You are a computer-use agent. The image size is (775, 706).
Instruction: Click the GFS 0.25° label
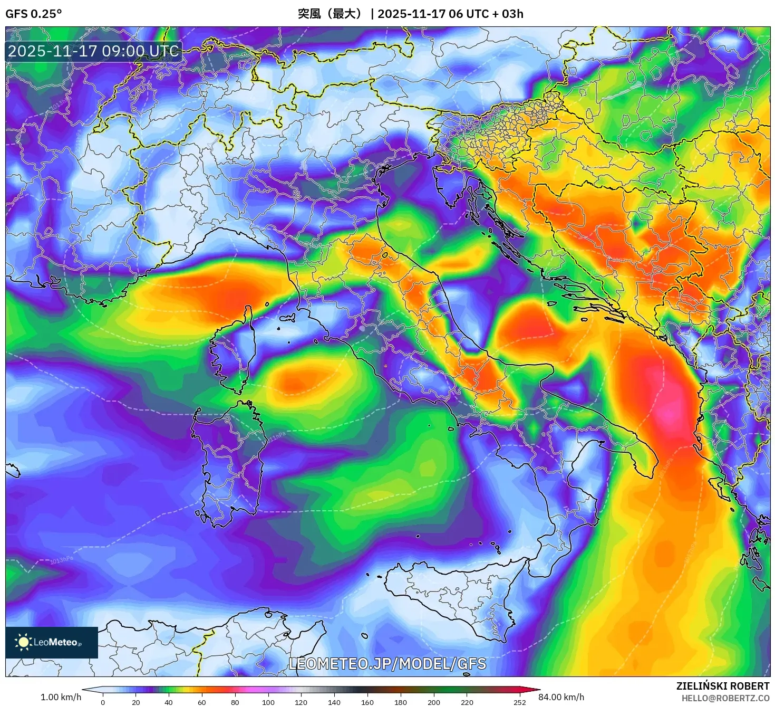pos(33,14)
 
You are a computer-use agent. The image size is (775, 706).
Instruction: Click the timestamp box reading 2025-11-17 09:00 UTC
pos(93,51)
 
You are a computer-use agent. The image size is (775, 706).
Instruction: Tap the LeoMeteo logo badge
pos(52,642)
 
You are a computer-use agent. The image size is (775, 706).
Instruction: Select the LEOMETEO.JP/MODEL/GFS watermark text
pos(387,663)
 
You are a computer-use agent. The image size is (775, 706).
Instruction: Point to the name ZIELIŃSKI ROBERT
pos(723,686)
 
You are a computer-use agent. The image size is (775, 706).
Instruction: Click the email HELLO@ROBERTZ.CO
pos(725,698)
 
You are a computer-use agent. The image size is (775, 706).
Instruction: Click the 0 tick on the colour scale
pos(103,702)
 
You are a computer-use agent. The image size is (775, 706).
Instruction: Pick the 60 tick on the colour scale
pos(202,702)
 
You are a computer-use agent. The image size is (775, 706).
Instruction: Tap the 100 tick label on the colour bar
pos(268,702)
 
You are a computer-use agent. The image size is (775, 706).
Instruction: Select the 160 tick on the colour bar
pos(367,702)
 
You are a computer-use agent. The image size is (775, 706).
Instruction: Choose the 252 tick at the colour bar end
pos(519,702)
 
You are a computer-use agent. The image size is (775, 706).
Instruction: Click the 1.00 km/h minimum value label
pos(61,697)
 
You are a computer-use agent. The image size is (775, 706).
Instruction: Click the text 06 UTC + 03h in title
pos(486,14)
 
